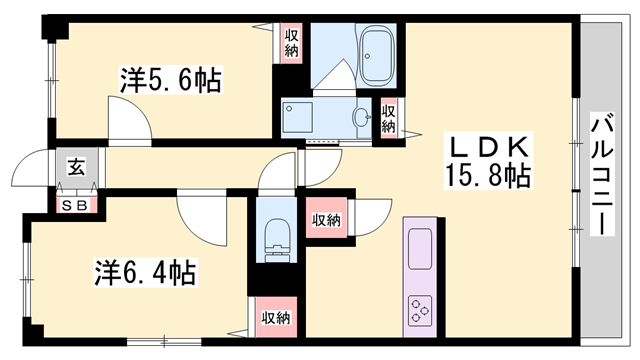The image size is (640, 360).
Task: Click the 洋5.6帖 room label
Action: point(170,78)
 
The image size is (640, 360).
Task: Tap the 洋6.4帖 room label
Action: point(145,271)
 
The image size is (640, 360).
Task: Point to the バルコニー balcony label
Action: point(603,175)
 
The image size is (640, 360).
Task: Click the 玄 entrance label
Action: point(76,168)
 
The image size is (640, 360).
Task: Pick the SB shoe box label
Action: point(76,206)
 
